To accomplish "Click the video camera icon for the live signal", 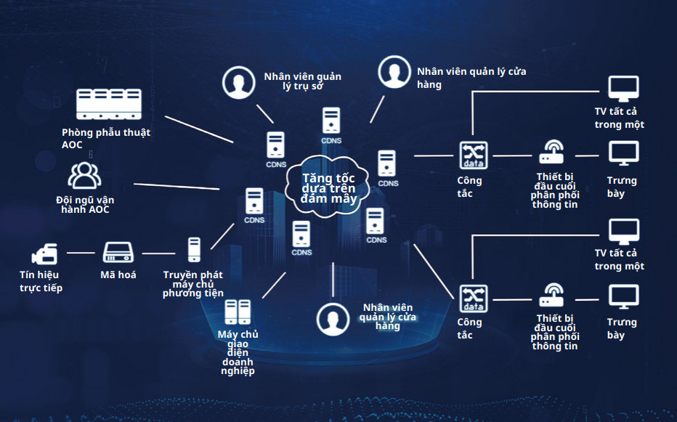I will pos(44,253).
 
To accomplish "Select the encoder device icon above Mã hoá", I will pos(118,253).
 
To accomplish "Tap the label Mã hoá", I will pos(118,275).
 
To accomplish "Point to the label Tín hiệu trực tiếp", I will pos(41,281).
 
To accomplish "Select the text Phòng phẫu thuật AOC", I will pos(106,139).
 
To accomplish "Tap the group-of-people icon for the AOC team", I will pos(84,176).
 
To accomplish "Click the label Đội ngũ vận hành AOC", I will pos(85,205).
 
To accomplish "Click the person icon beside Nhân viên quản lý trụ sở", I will pos(238,83).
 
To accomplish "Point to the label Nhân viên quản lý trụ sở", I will pos(302,81).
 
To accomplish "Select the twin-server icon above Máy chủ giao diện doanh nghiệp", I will pos(238,312).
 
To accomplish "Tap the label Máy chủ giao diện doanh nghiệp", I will pos(238,352).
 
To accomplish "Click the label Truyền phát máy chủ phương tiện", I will pos(192,284).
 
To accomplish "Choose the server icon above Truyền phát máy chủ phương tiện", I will pos(193,250).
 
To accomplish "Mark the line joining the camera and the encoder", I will pos(81,253).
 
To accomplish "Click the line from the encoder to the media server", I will pos(159,253).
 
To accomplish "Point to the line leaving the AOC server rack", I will pos(198,128).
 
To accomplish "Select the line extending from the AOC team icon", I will pos(176,186).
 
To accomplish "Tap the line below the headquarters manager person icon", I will pos(264,113).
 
